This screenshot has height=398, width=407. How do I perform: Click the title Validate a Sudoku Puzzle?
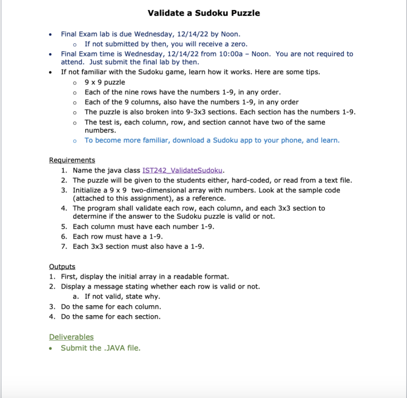tap(203, 13)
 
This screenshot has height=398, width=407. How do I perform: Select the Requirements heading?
tap(72, 160)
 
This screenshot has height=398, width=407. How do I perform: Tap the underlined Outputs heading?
tap(62, 267)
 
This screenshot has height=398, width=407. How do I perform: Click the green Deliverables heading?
tap(71, 337)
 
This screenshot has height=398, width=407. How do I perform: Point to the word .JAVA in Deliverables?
tap(113, 348)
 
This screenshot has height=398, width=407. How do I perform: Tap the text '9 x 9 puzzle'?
tap(105, 82)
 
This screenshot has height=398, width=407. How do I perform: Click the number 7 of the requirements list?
tap(63, 246)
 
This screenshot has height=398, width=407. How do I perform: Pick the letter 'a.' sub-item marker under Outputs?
tap(76, 296)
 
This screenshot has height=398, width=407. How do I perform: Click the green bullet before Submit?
tap(50, 348)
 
